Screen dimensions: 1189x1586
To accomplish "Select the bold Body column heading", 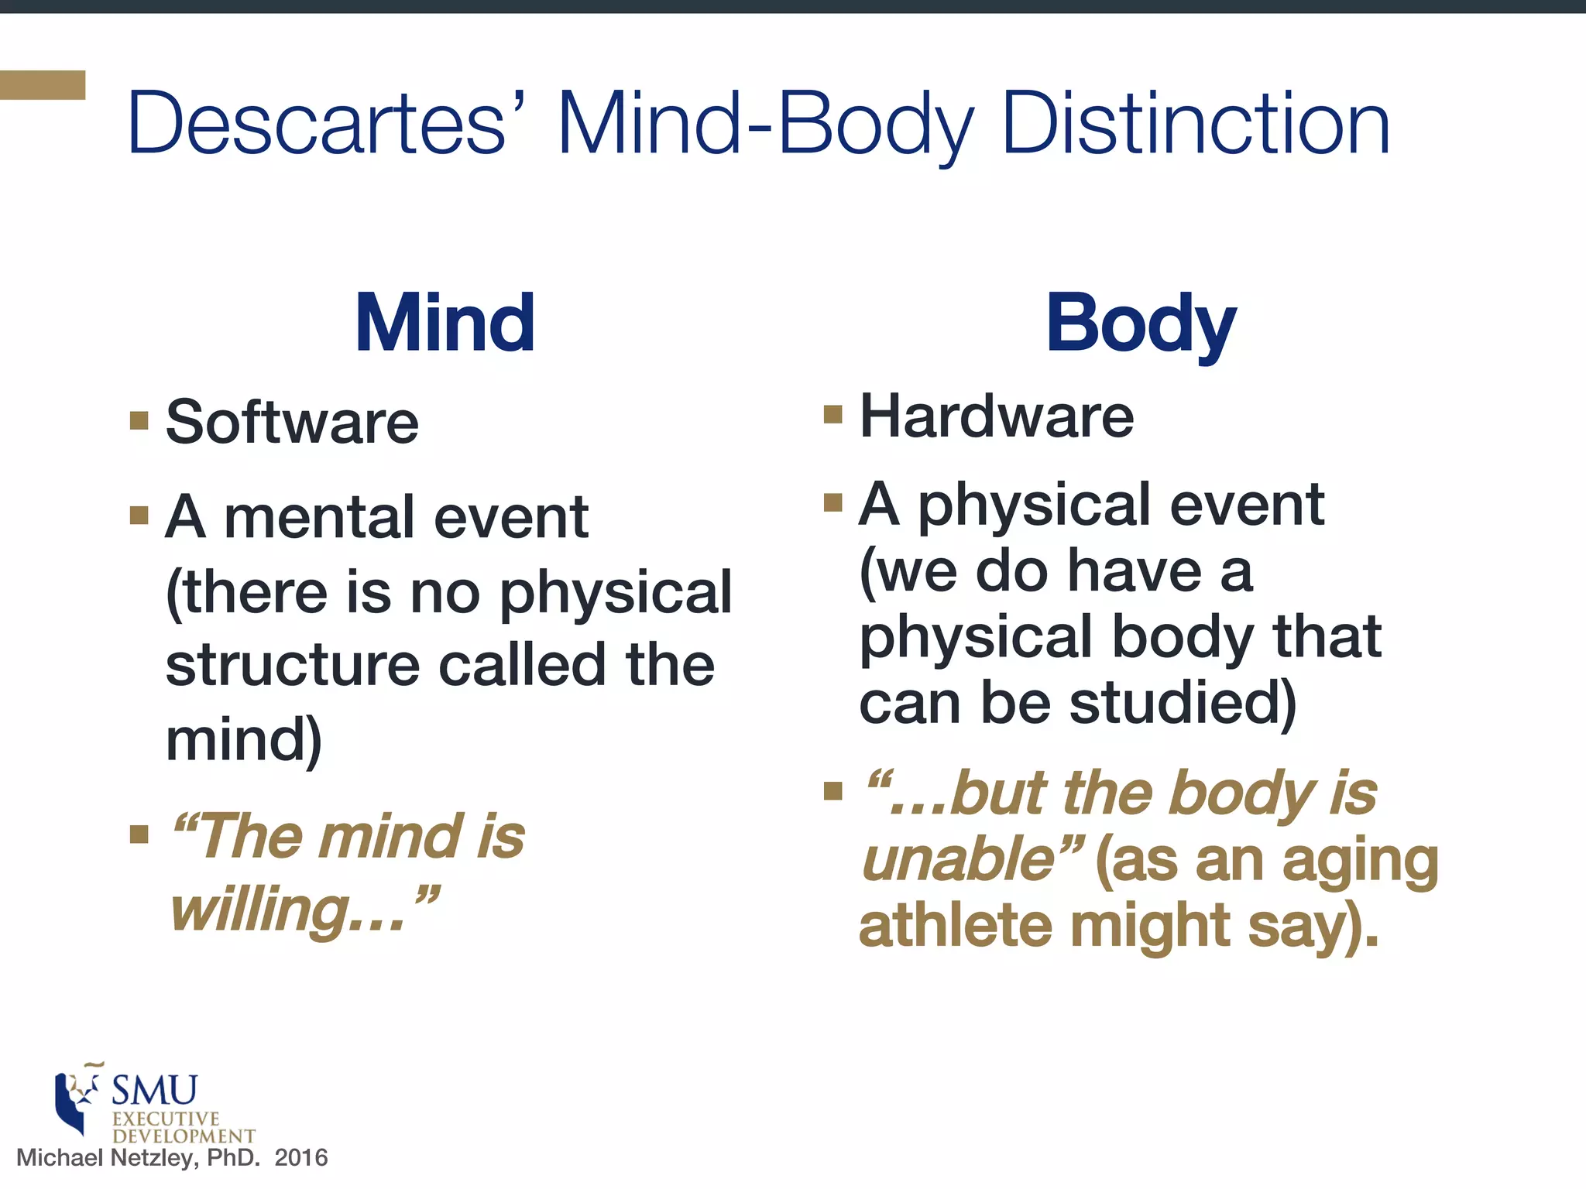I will [x=1140, y=324].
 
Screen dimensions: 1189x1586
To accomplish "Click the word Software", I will [x=292, y=423].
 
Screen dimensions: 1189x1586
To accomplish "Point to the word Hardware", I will [x=997, y=416].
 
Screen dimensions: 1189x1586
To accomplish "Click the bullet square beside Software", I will [x=139, y=420].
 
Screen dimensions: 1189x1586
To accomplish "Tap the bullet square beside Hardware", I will [x=832, y=414].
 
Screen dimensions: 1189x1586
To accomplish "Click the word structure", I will [x=294, y=666].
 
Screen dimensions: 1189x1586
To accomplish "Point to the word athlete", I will [x=955, y=926].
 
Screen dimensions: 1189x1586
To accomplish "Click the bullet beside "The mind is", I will [x=139, y=834].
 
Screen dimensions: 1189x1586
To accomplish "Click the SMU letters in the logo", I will [x=155, y=1090].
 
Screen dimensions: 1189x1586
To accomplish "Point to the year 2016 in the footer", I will [x=301, y=1158].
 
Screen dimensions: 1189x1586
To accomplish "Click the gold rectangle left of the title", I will [x=43, y=85].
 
